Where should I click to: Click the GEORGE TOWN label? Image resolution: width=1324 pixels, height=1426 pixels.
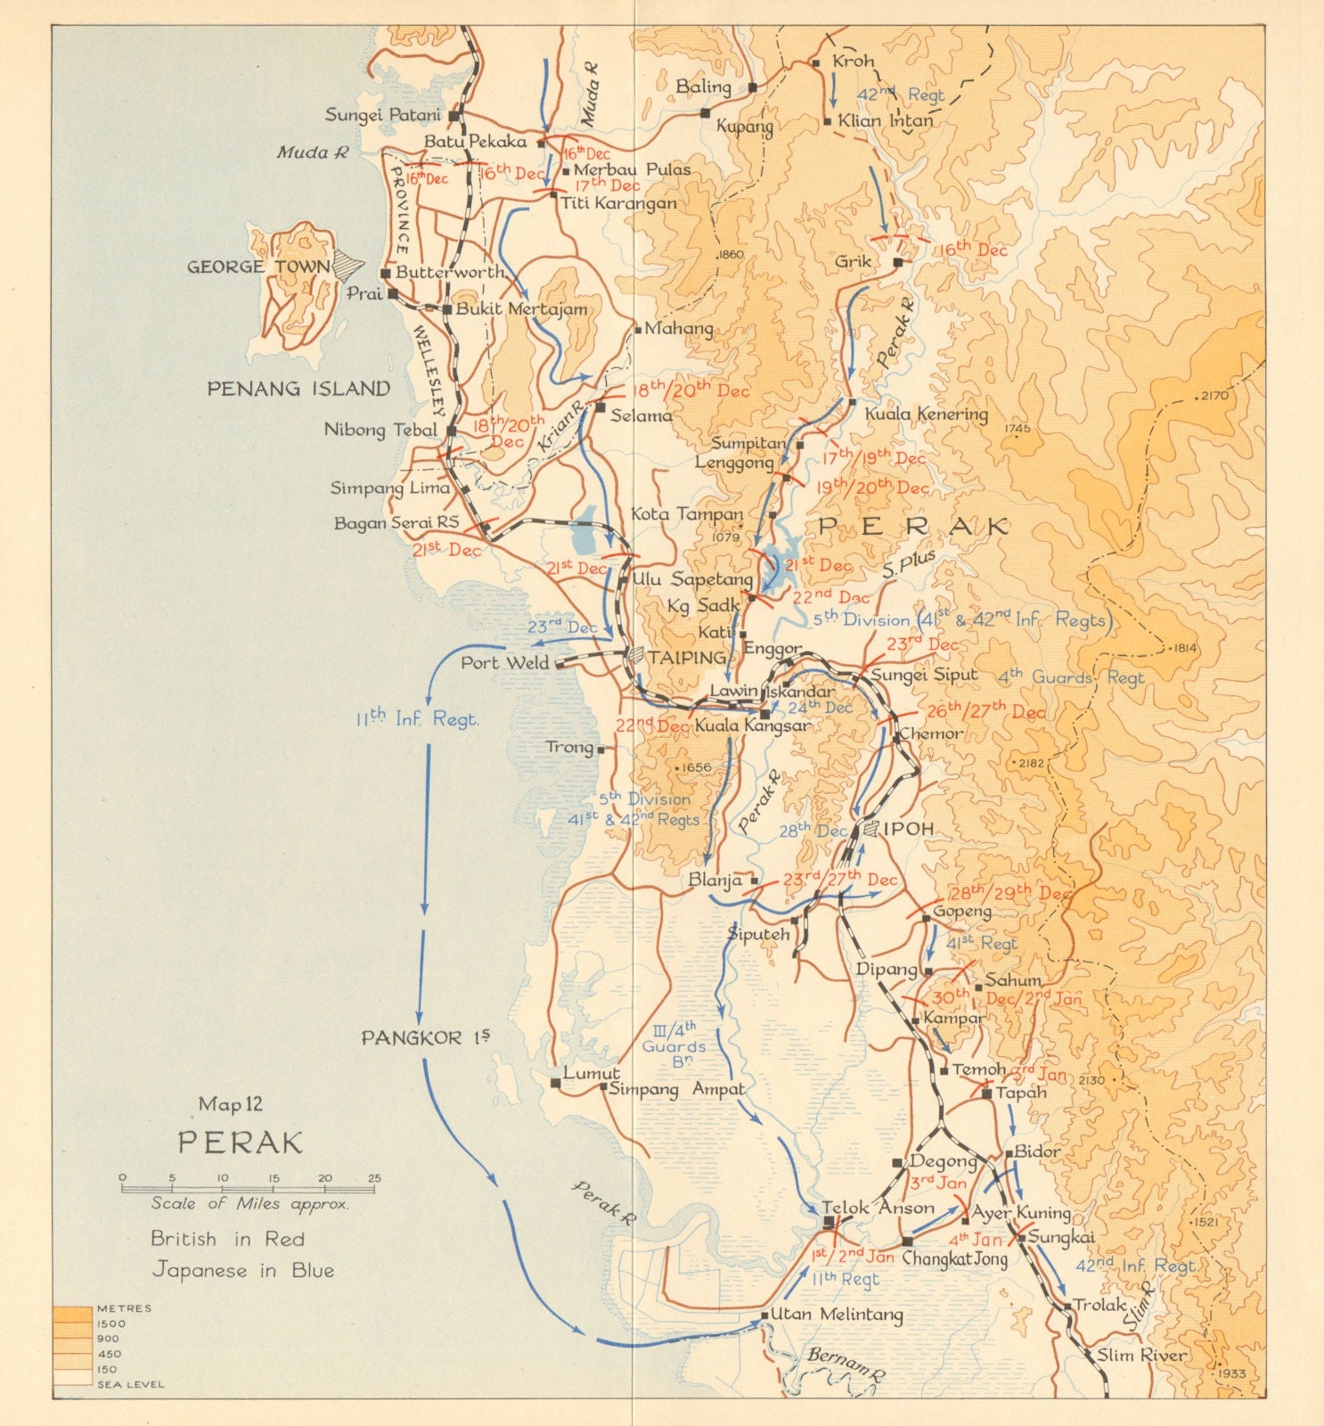(x=257, y=266)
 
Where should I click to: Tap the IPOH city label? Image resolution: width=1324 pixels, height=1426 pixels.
(x=908, y=829)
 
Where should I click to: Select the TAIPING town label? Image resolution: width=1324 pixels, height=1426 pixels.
(x=687, y=658)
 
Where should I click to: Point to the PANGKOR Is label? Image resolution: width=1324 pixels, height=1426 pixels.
(x=425, y=1037)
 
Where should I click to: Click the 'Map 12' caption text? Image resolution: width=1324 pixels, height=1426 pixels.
(x=231, y=1104)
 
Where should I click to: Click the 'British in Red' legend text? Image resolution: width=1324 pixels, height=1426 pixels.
(x=228, y=1239)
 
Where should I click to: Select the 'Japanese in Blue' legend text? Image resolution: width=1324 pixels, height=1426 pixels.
(x=242, y=1270)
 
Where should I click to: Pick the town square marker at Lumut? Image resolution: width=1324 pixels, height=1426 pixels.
(x=556, y=1084)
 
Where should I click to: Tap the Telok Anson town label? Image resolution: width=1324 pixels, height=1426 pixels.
(x=878, y=1209)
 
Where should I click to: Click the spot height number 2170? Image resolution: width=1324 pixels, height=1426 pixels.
(x=1214, y=396)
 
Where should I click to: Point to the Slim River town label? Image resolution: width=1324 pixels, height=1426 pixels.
(x=1141, y=1355)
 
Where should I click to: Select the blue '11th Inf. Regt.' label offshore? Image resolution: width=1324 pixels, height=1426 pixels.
(x=417, y=718)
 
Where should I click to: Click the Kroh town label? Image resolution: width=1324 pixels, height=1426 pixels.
(x=853, y=61)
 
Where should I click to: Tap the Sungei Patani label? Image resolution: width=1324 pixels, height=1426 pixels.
(x=382, y=115)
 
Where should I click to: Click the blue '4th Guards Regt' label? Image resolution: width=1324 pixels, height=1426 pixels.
(x=1070, y=677)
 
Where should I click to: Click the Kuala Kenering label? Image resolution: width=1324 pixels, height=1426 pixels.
(x=927, y=414)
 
